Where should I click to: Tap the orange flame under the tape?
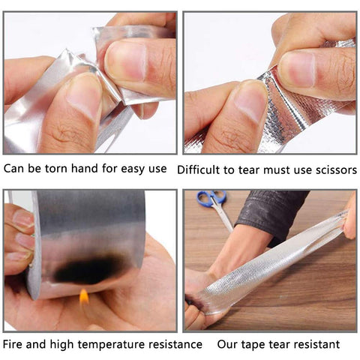(84, 296)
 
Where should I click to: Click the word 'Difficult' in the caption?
(200, 169)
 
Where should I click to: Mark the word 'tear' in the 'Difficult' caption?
(244, 169)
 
